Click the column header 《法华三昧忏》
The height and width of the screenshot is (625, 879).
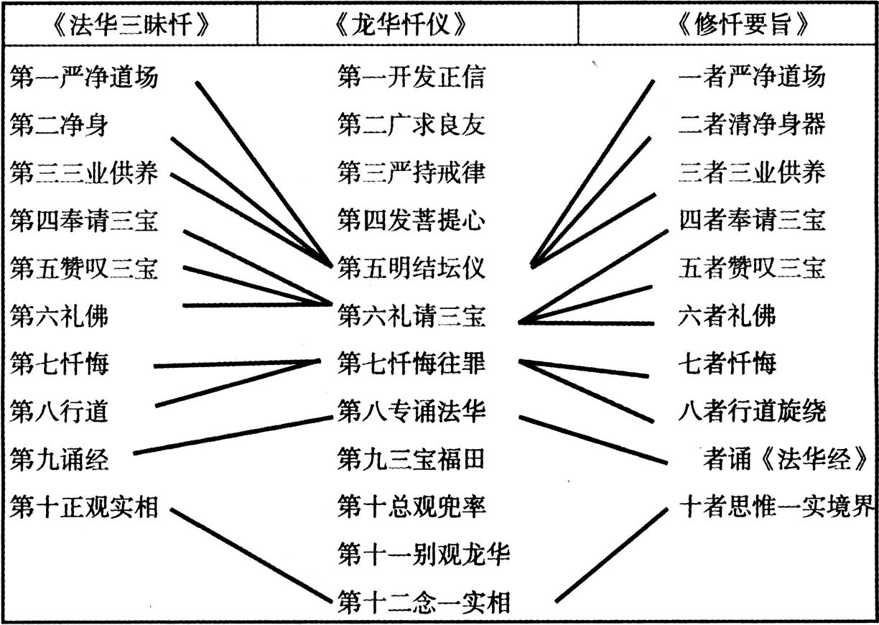coord(130,24)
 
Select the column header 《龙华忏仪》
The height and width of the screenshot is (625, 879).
coord(402,24)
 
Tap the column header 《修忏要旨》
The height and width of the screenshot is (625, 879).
coord(743,24)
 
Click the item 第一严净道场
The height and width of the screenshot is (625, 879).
coord(83,77)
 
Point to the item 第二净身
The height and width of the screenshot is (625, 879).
coord(59,125)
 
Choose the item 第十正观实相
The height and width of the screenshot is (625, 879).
coord(83,507)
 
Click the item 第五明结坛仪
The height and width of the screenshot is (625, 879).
coord(411,268)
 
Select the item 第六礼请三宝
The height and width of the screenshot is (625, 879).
coord(411,316)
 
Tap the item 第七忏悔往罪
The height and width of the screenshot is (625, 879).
coord(411,363)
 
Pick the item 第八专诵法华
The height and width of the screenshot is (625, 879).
coord(411,412)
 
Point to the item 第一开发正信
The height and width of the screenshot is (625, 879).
coord(411,77)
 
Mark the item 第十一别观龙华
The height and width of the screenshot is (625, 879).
coord(424,555)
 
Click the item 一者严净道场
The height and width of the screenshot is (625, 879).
coord(752,77)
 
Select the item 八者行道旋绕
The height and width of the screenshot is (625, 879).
coord(752,412)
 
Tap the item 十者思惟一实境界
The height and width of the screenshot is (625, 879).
coord(777,507)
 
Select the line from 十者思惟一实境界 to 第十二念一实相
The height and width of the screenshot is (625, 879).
coord(611,560)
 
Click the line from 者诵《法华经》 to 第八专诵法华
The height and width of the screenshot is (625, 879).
coord(593,440)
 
